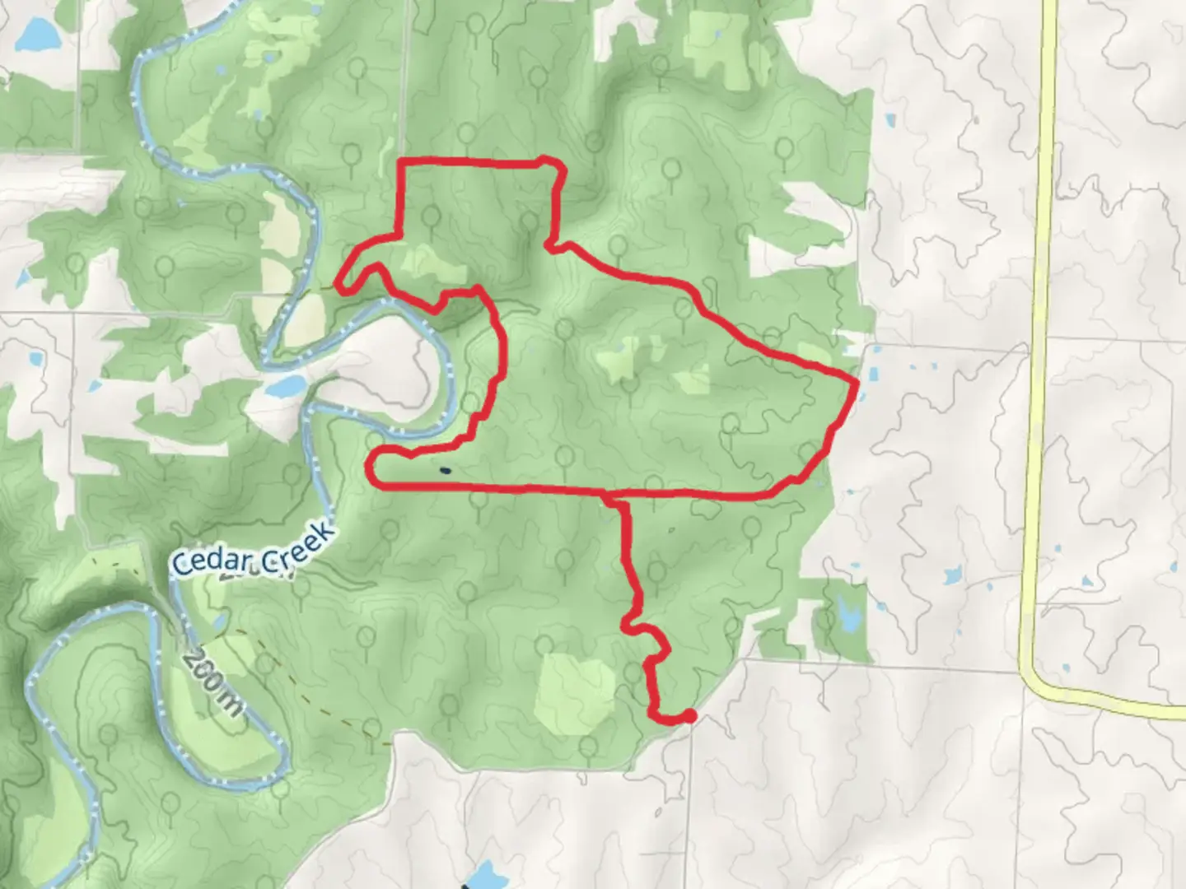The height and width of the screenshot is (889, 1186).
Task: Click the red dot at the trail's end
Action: click(x=689, y=716)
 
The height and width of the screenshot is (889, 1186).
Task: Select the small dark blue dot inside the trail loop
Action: click(x=445, y=471)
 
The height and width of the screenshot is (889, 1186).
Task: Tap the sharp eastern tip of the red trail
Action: click(x=857, y=382)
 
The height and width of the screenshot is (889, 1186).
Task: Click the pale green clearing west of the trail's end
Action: click(x=577, y=691)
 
